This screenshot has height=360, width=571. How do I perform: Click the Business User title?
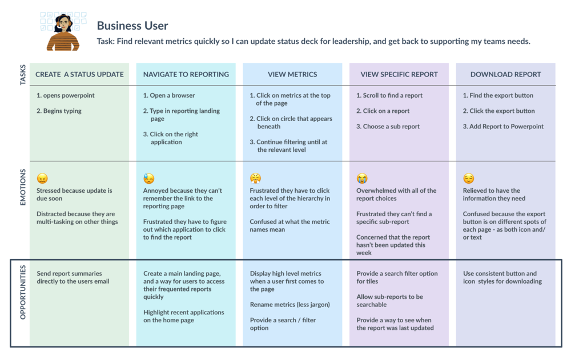pos(132,26)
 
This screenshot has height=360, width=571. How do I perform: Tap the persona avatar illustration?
pos(62,30)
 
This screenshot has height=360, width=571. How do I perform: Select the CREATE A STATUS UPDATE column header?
pos(79,74)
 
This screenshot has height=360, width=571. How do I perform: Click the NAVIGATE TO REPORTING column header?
pos(186,74)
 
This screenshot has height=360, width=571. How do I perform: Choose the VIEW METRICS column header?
pos(292,74)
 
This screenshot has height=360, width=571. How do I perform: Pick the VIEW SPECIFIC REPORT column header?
pos(399,74)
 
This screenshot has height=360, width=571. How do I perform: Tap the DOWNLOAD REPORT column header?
pos(505,74)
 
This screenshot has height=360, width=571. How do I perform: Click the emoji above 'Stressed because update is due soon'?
pos(42,179)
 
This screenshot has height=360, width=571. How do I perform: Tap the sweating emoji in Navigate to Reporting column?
pos(148,179)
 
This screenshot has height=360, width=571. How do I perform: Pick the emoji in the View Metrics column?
pos(255,179)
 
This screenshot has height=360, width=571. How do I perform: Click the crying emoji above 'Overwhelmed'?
pos(362,179)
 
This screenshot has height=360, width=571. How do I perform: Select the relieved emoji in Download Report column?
pos(468,179)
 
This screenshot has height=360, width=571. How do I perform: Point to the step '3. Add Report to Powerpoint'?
pos(503,127)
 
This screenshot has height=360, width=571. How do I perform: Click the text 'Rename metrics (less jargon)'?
pos(289,305)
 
